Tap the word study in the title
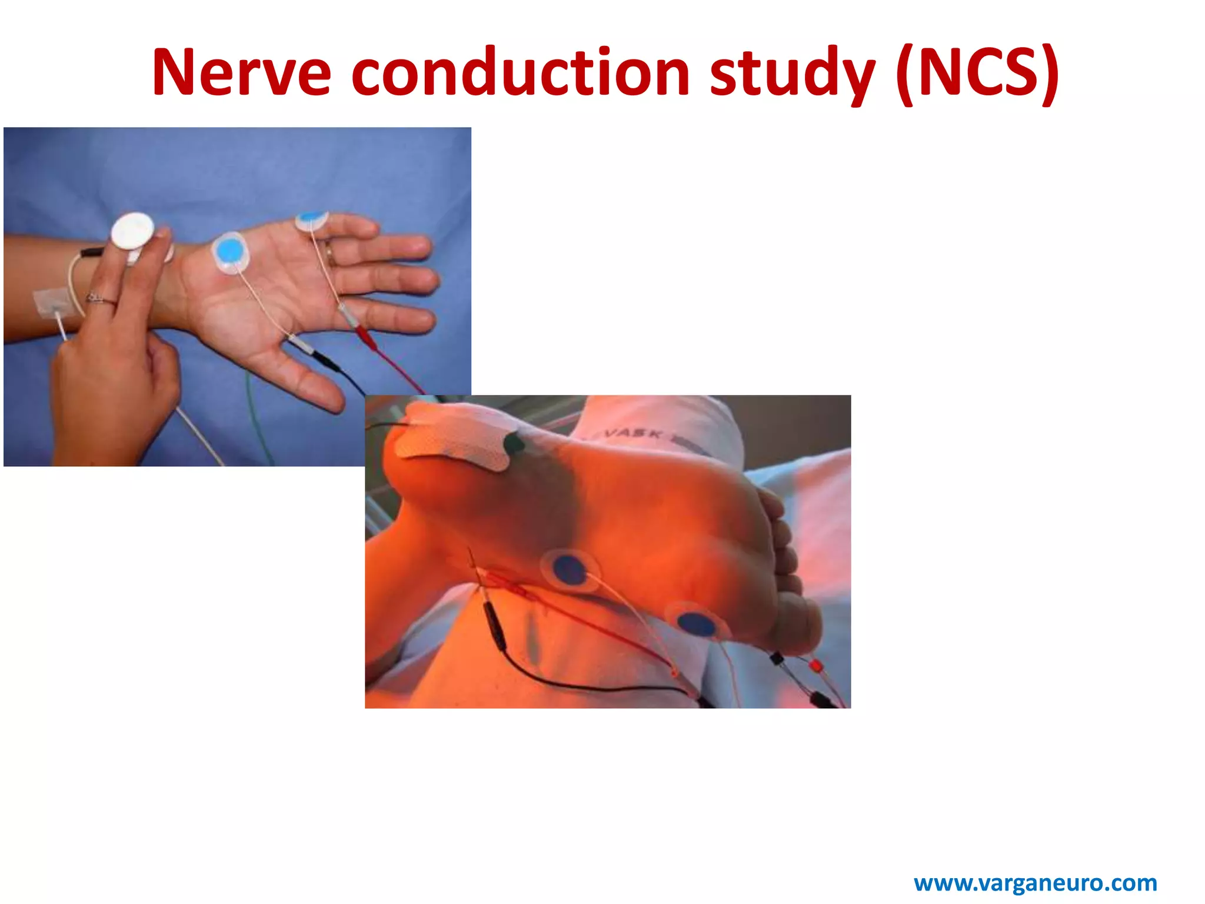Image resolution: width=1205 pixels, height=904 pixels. coord(792,74)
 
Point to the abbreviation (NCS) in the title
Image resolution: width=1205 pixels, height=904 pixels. coord(977,73)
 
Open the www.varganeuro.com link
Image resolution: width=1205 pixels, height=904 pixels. coord(1035,883)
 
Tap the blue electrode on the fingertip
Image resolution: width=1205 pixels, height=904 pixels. coord(312,219)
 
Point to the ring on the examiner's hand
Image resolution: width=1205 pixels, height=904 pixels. coord(100,299)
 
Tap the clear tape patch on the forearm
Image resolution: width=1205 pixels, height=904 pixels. coord(51,303)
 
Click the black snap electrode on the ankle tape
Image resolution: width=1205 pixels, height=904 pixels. coord(513,443)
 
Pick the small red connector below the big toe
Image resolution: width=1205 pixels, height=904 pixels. coord(815,666)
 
